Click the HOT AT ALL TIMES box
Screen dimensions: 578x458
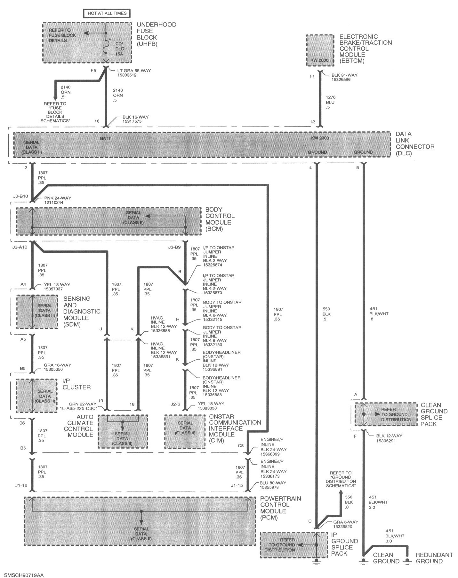[x=107, y=13]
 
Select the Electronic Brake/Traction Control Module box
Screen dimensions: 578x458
[x=320, y=50]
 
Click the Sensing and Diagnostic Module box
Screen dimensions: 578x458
[x=37, y=312]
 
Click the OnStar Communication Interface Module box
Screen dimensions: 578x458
[x=185, y=431]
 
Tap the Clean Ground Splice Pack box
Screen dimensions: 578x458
[x=386, y=414]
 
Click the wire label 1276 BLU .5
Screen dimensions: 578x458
[x=330, y=102]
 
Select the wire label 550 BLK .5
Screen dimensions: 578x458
[x=326, y=314]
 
